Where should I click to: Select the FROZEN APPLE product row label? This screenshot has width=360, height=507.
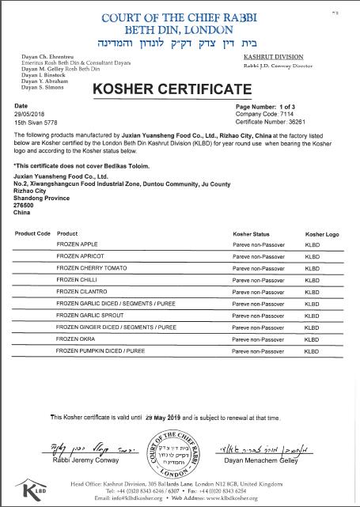77,246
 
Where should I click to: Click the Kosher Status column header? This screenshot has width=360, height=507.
251,234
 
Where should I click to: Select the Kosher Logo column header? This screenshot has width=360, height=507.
321,234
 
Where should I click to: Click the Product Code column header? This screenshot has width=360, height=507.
32,234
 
